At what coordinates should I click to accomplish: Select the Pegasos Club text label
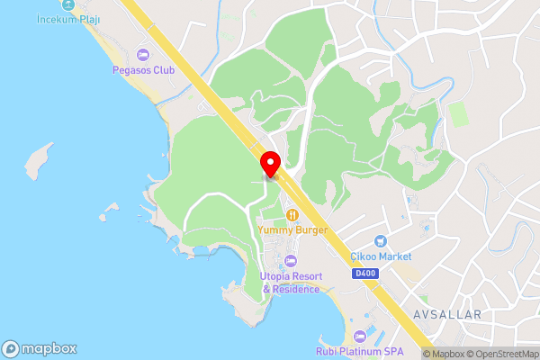[x=143, y=69]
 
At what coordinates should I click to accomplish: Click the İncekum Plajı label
[x=68, y=19]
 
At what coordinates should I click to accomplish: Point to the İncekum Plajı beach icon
[x=68, y=4]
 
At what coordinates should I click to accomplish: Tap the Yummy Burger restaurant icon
[x=292, y=215]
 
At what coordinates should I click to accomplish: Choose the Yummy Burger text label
[x=292, y=229]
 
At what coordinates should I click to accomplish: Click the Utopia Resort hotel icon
[x=290, y=261]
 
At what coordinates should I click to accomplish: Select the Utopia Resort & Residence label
[x=291, y=283]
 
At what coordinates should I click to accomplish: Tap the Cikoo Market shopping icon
[x=380, y=242]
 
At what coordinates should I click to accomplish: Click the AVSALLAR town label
[x=447, y=314]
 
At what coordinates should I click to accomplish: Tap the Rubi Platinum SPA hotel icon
[x=360, y=337]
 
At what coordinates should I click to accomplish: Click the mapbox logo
[x=40, y=348]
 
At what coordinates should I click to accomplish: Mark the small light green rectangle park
[x=458, y=114]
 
